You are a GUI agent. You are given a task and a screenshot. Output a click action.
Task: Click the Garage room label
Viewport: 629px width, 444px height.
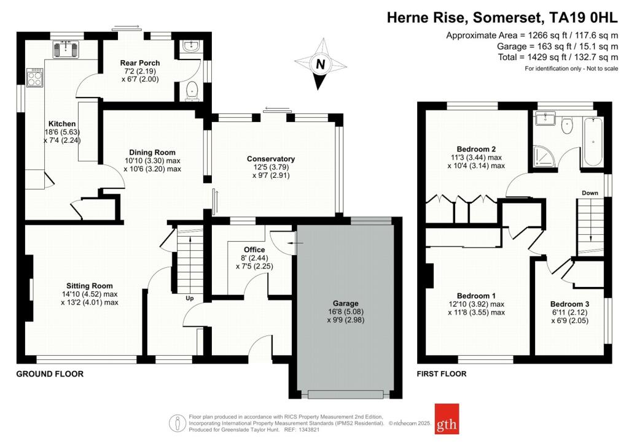[x=346, y=304]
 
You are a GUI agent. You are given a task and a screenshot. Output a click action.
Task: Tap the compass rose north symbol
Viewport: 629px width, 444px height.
[x=320, y=64]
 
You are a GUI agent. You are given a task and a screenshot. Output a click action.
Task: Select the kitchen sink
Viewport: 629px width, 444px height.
[x=68, y=48]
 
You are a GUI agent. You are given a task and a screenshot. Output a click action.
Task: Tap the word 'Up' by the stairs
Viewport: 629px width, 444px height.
[x=190, y=299]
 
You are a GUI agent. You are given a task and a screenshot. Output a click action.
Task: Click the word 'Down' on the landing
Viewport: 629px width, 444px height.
[x=590, y=193]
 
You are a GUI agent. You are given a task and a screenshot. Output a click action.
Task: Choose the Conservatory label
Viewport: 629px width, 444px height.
[x=271, y=159]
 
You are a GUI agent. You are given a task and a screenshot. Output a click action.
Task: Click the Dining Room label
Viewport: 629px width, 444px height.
[x=152, y=153]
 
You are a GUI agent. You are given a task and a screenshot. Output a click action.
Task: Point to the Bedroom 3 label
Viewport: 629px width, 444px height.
[x=569, y=304]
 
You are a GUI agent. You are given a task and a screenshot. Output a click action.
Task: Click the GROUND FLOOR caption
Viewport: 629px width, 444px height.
[x=50, y=374]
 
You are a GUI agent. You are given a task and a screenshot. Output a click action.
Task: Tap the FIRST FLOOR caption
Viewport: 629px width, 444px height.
[x=441, y=374]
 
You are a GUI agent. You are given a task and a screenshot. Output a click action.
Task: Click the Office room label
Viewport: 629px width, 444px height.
[x=254, y=250]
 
